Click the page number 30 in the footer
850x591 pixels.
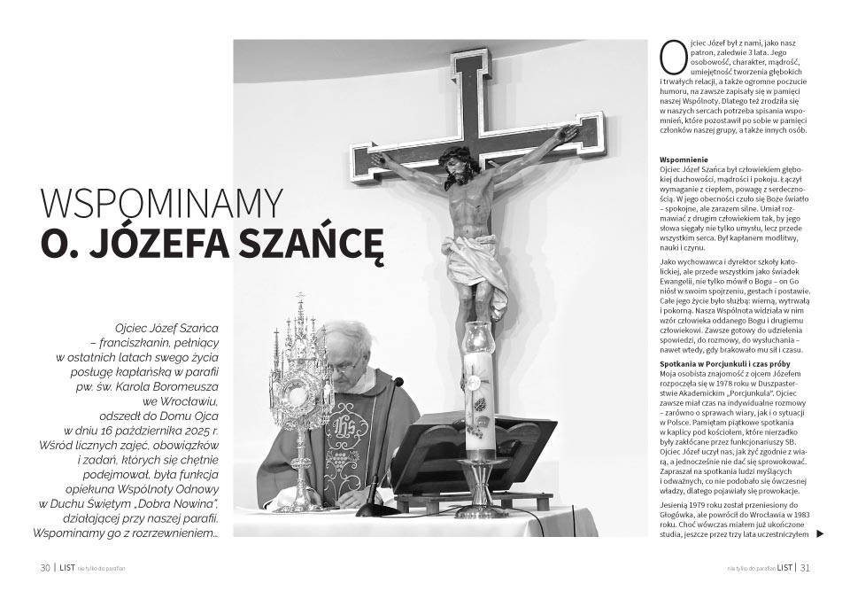click(x=45, y=568)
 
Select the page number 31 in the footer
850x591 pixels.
click(x=806, y=568)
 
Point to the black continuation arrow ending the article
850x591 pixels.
click(x=820, y=533)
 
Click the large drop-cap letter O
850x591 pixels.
click(x=674, y=57)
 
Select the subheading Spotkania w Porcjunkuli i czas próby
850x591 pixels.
click(x=722, y=364)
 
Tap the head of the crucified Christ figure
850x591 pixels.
click(x=456, y=165)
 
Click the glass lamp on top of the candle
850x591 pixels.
click(x=478, y=339)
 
